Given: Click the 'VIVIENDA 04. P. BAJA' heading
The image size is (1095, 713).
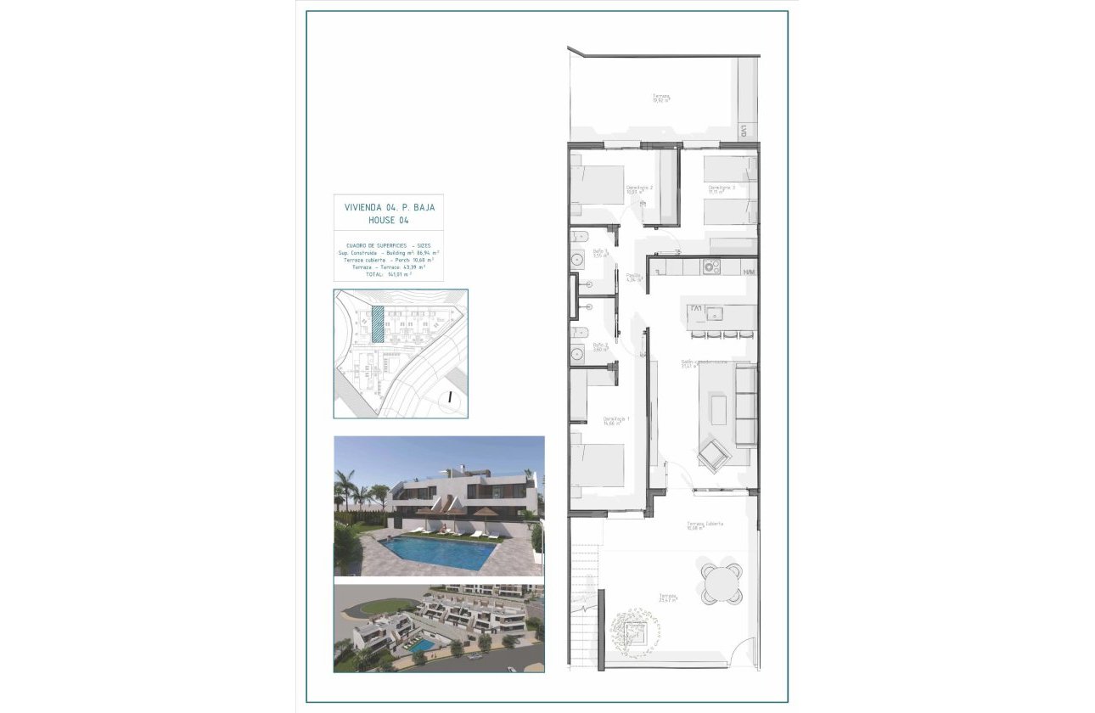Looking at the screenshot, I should tap(389, 207).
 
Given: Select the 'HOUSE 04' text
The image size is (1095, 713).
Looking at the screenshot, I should tap(389, 220).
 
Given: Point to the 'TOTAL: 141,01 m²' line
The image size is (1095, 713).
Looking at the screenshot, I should tap(389, 274).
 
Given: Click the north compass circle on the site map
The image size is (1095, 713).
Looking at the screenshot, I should tap(451, 396).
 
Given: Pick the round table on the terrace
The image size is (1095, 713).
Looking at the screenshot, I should tap(721, 582).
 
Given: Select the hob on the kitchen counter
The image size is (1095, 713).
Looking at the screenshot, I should tap(710, 267).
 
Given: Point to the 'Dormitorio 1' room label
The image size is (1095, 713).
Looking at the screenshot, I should tap(616, 420).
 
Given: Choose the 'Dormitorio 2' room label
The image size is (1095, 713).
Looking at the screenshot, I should tap(638, 188).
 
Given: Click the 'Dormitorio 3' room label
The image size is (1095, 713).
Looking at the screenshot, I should tap(721, 188).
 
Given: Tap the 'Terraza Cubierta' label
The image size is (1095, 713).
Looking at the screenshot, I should tap(705, 525).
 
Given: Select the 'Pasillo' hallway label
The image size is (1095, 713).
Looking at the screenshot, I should tap(632, 277).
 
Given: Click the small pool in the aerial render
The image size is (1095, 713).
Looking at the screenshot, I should tap(422, 647).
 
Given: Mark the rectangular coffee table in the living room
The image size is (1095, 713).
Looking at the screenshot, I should tap(718, 410).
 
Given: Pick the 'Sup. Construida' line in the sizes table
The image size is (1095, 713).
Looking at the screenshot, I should tap(389, 253).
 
